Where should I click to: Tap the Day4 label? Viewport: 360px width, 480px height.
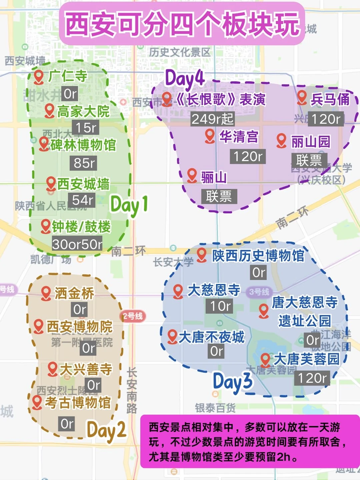point(185,79)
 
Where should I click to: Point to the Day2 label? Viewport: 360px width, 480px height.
point(106,430)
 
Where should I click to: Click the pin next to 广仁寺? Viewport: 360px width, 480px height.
point(39,76)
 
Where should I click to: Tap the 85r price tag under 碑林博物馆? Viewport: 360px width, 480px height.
point(84,163)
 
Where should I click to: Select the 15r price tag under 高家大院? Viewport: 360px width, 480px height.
point(86,127)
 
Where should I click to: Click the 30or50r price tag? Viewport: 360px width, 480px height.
point(77,244)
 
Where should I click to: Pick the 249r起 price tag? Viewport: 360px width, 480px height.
point(212,119)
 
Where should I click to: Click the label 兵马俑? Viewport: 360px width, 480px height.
point(330,99)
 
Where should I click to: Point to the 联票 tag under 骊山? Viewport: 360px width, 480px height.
point(219,196)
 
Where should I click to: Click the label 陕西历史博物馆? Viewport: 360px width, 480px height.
point(258,256)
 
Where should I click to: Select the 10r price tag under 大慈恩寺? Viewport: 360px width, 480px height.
point(221,306)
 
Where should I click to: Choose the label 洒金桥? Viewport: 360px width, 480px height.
point(74,293)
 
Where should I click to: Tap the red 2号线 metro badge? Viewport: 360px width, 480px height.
point(133,316)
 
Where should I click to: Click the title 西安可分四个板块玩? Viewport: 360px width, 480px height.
point(182,24)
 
